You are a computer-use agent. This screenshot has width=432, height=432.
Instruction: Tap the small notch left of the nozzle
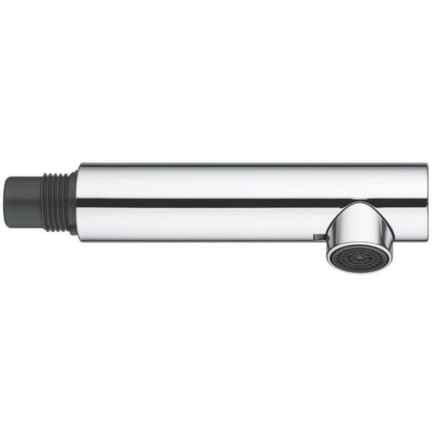coord(316,236)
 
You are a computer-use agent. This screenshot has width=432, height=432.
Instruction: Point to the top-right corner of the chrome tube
coord(426,166)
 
